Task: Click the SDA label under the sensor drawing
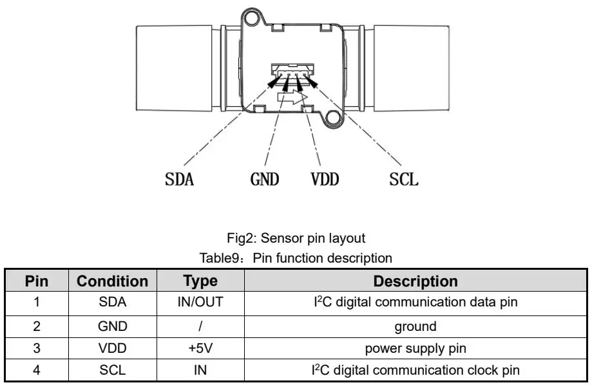click(179, 178)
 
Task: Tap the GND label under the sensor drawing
click(265, 178)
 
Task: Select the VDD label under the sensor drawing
click(324, 178)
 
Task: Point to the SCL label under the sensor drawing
click(404, 178)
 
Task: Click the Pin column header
click(37, 281)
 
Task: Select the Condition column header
click(113, 281)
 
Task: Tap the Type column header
click(200, 281)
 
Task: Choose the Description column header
click(415, 281)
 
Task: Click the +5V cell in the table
click(200, 348)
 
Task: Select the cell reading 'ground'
click(415, 326)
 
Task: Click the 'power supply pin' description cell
click(415, 348)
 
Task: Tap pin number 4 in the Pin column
click(37, 370)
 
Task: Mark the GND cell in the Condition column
click(113, 326)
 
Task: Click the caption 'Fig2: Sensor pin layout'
click(296, 238)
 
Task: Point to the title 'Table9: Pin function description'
click(296, 258)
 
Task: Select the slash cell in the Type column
click(200, 326)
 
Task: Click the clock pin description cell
click(415, 370)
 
